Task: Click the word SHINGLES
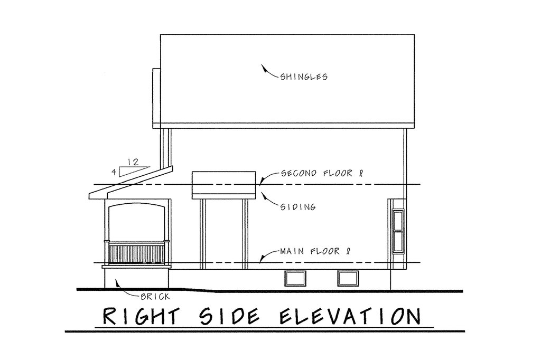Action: [x=304, y=76]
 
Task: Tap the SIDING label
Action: [x=298, y=207]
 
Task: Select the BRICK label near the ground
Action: [x=155, y=296]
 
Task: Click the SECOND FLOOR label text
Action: [x=322, y=173]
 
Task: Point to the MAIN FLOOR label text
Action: [x=315, y=251]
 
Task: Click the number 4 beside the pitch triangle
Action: [x=114, y=172]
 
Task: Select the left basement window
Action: [x=295, y=278]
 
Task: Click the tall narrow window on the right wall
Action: [x=398, y=231]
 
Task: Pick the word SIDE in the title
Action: [x=230, y=316]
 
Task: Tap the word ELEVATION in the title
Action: [x=350, y=316]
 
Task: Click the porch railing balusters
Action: [x=137, y=253]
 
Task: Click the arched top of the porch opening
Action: [x=137, y=204]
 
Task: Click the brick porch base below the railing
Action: [x=137, y=278]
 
